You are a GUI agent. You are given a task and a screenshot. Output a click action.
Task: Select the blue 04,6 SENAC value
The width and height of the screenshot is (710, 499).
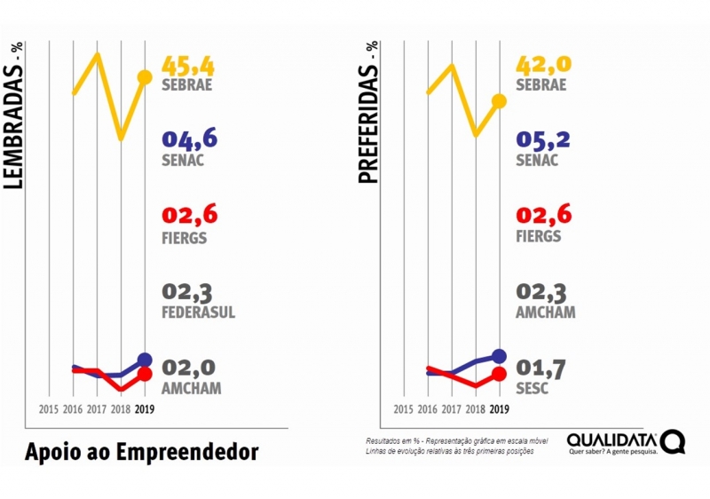click(x=189, y=139)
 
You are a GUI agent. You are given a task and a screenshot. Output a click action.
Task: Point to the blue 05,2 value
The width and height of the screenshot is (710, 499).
click(x=544, y=139)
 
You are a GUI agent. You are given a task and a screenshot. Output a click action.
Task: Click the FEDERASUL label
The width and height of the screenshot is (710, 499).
click(x=199, y=313)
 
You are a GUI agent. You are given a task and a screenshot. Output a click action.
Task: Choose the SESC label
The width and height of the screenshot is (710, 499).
click(x=532, y=389)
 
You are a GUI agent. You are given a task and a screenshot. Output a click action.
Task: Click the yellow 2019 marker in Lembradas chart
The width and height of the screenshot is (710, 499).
click(x=145, y=77)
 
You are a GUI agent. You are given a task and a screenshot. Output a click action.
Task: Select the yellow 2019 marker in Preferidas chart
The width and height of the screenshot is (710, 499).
click(x=499, y=100)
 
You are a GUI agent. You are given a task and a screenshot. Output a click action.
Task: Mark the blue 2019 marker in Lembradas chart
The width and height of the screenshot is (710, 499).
click(x=145, y=360)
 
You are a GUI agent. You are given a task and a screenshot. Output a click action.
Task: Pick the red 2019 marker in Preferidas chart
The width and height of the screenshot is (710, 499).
click(x=499, y=374)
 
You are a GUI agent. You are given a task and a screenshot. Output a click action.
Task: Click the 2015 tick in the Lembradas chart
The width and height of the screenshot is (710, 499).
click(x=49, y=409)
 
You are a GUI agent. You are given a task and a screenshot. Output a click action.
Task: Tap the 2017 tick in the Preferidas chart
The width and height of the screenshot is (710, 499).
click(x=451, y=409)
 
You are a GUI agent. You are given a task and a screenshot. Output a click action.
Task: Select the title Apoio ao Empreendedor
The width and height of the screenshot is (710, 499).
click(x=142, y=452)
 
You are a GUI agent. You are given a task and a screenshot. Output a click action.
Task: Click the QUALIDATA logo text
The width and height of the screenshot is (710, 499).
click(x=612, y=440)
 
